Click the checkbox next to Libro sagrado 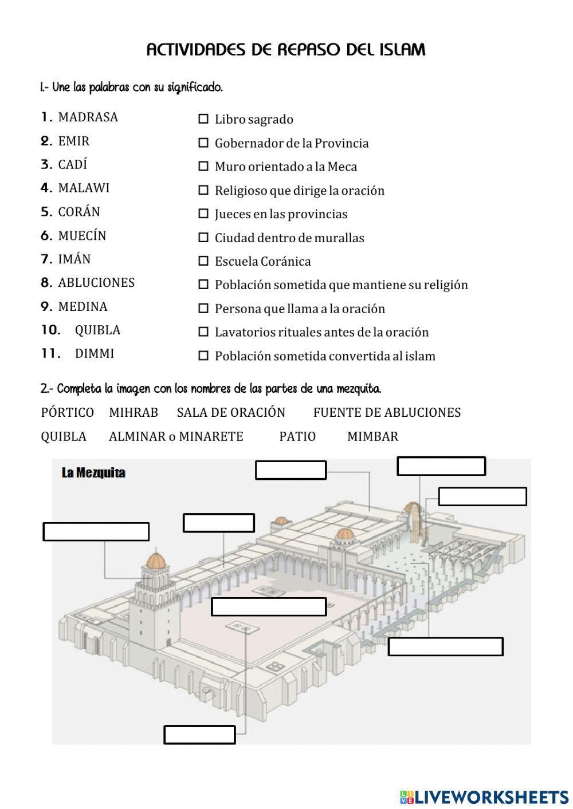[203, 119]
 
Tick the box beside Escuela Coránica [203, 261]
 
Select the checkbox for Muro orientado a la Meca [203, 167]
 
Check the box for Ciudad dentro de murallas [203, 238]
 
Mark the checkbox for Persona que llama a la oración [203, 309]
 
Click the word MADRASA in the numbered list [88, 117]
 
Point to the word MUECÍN [82, 236]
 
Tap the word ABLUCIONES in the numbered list [96, 283]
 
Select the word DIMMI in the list [95, 354]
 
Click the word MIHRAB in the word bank [134, 413]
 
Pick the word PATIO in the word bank [297, 437]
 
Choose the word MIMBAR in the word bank [372, 437]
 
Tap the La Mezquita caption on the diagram [93, 473]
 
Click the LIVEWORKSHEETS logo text [491, 796]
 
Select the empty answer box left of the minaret [96, 532]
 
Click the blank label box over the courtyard [269, 607]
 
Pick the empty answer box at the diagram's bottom [199, 735]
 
